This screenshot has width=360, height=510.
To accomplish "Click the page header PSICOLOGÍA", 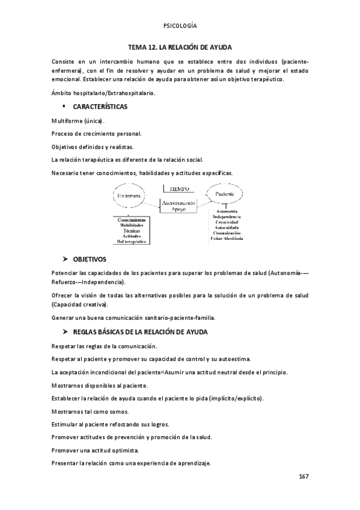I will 180,26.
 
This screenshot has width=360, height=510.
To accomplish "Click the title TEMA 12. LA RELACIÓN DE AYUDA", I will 180,46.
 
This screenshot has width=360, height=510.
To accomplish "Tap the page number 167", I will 304,476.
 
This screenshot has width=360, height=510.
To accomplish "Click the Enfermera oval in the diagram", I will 129,195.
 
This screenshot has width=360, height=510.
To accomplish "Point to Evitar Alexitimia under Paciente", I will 227,239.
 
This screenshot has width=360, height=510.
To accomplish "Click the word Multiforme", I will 68,121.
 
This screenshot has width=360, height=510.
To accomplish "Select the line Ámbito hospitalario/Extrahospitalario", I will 103,92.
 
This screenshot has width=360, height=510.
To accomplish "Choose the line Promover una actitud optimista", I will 95,450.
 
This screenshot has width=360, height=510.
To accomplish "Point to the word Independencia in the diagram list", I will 227,217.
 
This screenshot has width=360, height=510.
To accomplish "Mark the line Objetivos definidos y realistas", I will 93,147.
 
